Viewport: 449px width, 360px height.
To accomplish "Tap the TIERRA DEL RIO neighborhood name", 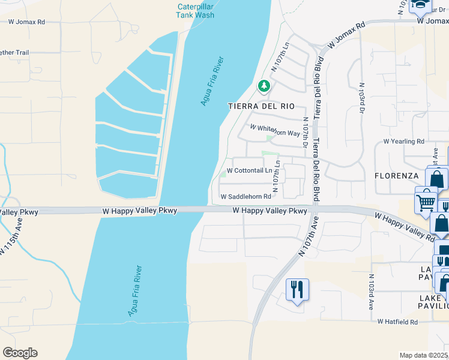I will coord(262,106).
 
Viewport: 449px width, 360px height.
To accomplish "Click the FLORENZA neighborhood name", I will coord(396,176).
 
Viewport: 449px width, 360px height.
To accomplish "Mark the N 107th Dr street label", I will coord(306,137).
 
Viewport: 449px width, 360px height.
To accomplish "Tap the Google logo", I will coord(20,353).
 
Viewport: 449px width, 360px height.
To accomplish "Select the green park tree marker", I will coord(263,86).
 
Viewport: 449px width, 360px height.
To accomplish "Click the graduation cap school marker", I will coord(420,5).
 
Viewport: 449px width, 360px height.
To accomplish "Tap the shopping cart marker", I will coord(426,199).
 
